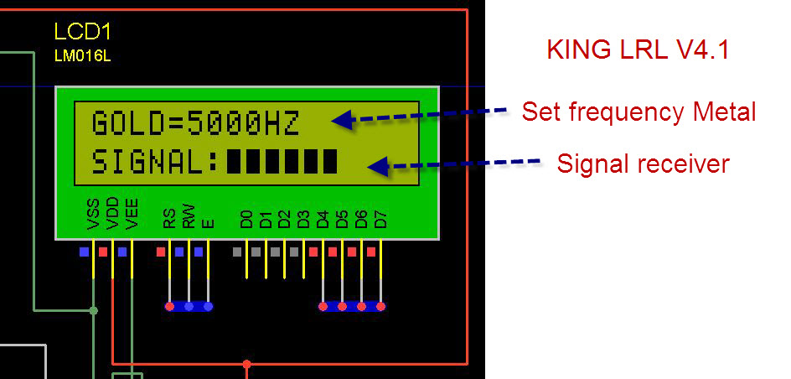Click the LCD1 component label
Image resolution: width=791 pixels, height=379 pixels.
82,32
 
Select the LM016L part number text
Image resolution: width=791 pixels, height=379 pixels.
82,56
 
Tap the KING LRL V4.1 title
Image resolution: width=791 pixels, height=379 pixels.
638,50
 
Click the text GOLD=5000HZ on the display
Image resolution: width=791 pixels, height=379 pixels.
196,123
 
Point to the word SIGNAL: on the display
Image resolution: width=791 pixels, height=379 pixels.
155,163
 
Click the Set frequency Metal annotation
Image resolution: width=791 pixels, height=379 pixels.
638,112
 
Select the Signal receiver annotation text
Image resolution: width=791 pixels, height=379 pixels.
644,164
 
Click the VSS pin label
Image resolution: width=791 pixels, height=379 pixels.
94,214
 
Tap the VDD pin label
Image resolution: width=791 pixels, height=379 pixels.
112,214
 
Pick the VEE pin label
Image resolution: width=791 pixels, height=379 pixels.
132,214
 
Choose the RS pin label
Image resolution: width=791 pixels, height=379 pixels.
169,220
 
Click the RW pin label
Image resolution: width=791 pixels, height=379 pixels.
189,216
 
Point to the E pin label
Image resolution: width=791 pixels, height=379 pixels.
208,224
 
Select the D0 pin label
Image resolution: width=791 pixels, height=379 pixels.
246,220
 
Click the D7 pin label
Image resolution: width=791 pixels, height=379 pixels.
381,220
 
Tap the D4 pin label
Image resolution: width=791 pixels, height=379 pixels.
323,220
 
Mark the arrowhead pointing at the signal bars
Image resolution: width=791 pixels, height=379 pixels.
380,166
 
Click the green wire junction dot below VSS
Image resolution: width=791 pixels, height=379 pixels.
93,310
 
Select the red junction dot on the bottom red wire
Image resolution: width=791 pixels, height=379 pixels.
246,363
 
